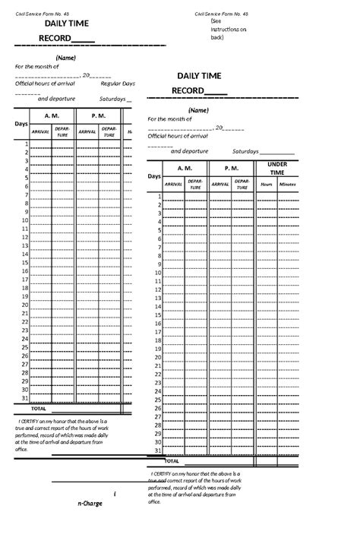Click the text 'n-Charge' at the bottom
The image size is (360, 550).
point(89,504)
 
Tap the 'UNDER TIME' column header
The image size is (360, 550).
point(277,168)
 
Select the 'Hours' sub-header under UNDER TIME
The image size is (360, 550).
point(266,184)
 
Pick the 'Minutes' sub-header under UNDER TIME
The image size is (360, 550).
point(288,184)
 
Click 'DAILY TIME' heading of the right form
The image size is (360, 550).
point(199,75)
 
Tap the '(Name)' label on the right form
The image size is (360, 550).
point(199,109)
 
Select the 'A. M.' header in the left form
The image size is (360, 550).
point(52,115)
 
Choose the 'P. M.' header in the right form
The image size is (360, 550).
point(231,168)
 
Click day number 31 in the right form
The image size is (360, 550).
point(158,450)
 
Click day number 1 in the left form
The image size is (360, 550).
point(27,144)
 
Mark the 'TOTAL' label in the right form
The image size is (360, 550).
point(172,460)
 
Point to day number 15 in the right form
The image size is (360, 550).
point(158,315)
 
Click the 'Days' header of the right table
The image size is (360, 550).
point(154,175)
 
